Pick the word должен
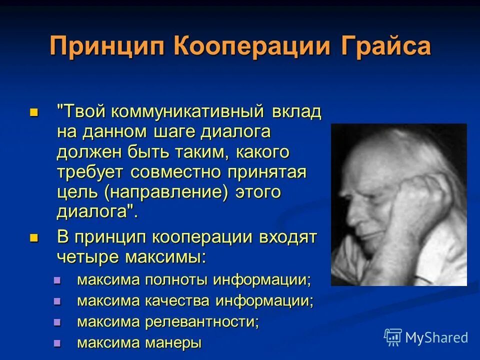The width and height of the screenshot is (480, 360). coord(85,151)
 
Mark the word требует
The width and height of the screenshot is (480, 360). coord(90,171)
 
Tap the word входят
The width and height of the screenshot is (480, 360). coord(287,236)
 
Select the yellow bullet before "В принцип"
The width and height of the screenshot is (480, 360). coord(34,237)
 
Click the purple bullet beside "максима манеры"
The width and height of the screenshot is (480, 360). coord(57,343)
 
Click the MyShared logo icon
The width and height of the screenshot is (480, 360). coord(393,337)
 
